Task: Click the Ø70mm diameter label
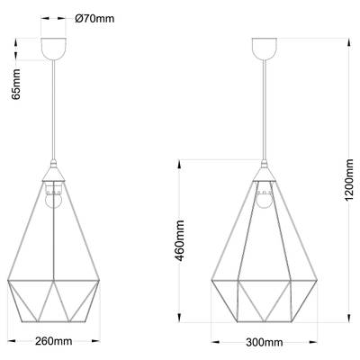click(x=94, y=19)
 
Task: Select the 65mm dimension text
click(x=16, y=85)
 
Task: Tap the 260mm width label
click(x=54, y=341)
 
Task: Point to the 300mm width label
click(x=265, y=342)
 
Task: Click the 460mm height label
click(x=180, y=240)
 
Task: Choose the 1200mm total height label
click(x=349, y=180)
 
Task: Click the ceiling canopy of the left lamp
click(x=53, y=49)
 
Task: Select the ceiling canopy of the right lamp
click(x=265, y=49)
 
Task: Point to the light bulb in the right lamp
click(x=265, y=201)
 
